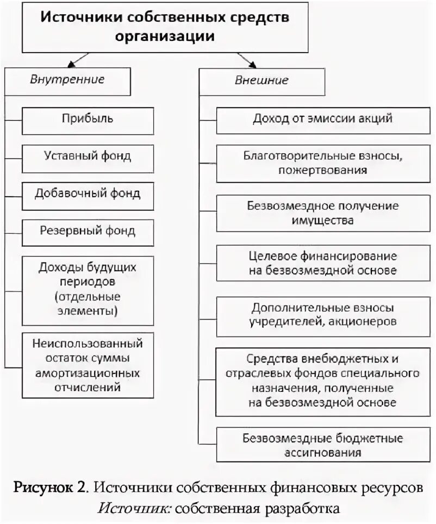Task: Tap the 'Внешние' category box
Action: click(x=261, y=81)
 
